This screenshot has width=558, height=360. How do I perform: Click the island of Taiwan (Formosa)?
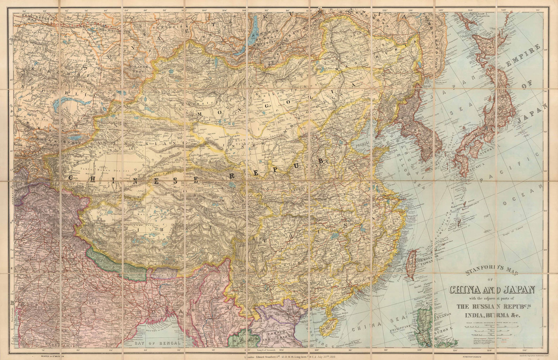(x=412, y=263)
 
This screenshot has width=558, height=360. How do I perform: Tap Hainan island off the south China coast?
(x=328, y=326)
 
